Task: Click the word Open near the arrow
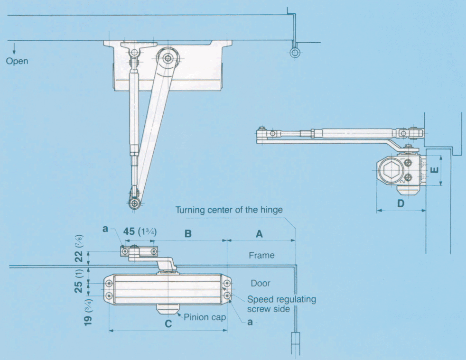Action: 17,61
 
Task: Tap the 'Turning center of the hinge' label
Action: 229,210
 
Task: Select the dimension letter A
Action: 260,234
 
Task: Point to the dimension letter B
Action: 188,234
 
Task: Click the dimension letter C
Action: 168,323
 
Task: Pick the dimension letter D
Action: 401,204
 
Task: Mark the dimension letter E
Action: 435,170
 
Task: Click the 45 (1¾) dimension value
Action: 140,231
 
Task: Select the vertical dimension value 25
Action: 78,287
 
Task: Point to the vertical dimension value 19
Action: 88,320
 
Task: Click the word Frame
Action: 261,256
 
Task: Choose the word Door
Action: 261,283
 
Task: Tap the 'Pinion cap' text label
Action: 205,317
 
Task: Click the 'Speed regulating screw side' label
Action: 281,304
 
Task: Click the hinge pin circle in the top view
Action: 295,53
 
